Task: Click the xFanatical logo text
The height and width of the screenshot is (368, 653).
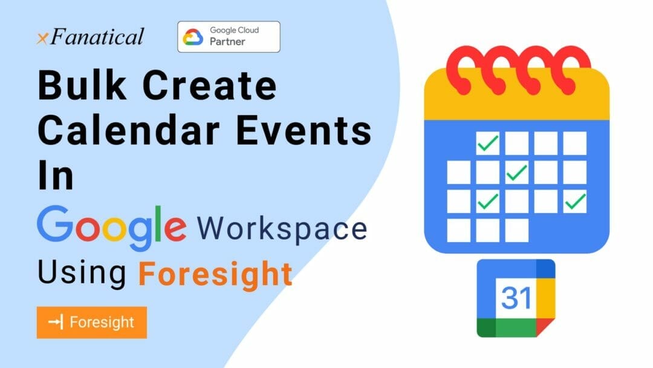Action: tap(90, 37)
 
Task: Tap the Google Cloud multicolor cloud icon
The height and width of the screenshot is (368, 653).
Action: tap(193, 37)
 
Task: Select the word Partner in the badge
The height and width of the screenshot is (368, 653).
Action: tap(227, 42)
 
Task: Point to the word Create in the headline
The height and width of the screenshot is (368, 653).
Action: tap(209, 85)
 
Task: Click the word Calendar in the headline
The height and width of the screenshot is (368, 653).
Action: tap(129, 130)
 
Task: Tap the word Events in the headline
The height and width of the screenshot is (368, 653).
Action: tap(304, 131)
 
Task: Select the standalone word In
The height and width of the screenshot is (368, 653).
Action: tap(56, 175)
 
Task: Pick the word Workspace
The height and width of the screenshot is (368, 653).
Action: tap(282, 229)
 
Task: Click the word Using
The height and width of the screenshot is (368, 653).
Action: tap(82, 274)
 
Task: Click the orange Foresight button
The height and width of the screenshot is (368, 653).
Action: tap(92, 323)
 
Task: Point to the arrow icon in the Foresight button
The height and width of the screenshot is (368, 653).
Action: tap(56, 322)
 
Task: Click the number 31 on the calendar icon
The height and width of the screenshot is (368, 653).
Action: tap(516, 298)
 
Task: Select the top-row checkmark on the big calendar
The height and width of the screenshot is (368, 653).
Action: tap(488, 143)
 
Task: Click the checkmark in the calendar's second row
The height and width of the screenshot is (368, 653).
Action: tap(517, 172)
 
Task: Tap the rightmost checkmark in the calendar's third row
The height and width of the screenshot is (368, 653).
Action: tap(575, 202)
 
